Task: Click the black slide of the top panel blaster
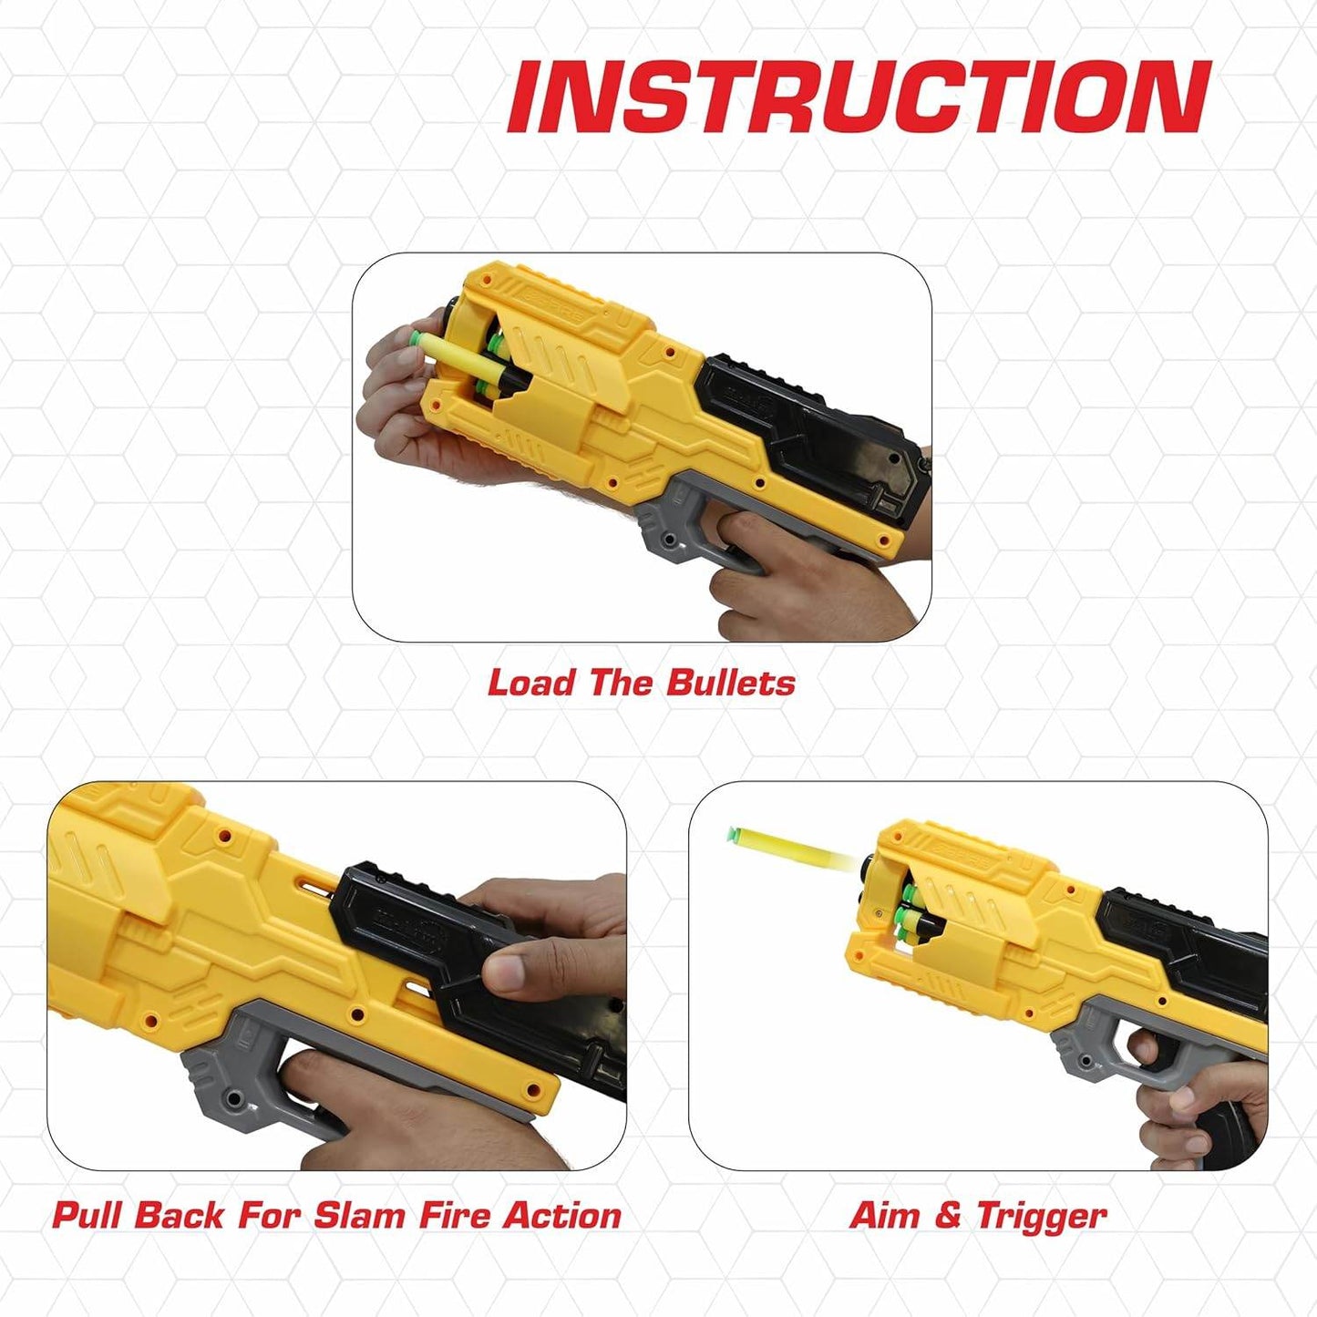(813, 425)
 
